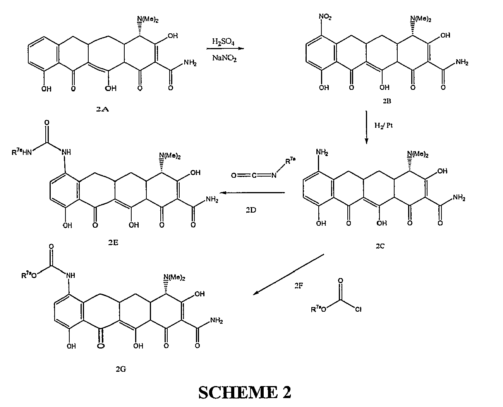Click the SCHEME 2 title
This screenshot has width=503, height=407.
point(244,392)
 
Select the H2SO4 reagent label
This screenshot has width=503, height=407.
point(223,41)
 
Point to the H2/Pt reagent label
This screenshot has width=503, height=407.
point(383,125)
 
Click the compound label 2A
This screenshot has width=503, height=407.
point(102,110)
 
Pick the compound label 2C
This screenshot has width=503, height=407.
point(379,246)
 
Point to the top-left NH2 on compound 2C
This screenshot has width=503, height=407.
point(322,154)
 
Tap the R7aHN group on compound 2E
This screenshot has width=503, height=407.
point(20,152)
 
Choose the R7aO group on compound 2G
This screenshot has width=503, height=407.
point(29,275)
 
